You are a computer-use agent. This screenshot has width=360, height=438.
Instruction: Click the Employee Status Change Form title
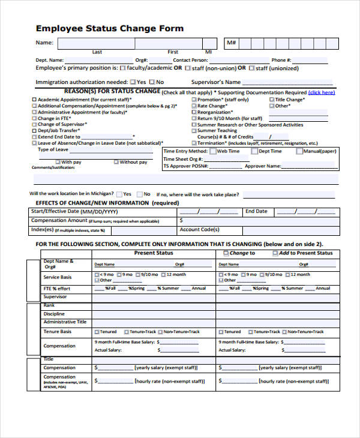pyautogui.click(x=110, y=28)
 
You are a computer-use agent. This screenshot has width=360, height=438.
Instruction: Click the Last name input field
pyautogui.click(x=96, y=43)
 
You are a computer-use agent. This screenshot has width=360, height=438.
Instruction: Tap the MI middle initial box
pyautogui.click(x=209, y=43)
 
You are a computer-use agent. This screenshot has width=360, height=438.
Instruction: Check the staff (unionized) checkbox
pyautogui.click(x=251, y=68)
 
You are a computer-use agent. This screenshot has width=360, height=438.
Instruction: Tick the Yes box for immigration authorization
pyautogui.click(x=132, y=82)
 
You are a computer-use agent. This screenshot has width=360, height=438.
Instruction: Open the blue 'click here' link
pyautogui.click(x=322, y=92)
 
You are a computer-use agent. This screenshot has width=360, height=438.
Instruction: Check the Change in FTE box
pyautogui.click(x=34, y=119)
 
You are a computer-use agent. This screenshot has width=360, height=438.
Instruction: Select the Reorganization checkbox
pyautogui.click(x=194, y=112)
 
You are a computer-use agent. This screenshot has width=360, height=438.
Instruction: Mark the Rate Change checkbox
pyautogui.click(x=194, y=106)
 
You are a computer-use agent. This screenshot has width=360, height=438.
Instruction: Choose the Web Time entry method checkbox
pyautogui.click(x=212, y=151)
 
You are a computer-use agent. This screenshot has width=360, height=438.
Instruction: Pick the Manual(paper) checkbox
pyautogui.click(x=299, y=151)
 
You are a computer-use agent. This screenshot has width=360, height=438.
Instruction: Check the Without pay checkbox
pyautogui.click(x=115, y=162)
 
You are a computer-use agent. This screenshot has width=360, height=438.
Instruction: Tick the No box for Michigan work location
pyautogui.click(x=139, y=194)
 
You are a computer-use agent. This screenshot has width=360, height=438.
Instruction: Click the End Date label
pyautogui.click(x=256, y=211)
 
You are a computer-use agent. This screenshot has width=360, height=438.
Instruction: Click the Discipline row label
pyautogui.click(x=54, y=314)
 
